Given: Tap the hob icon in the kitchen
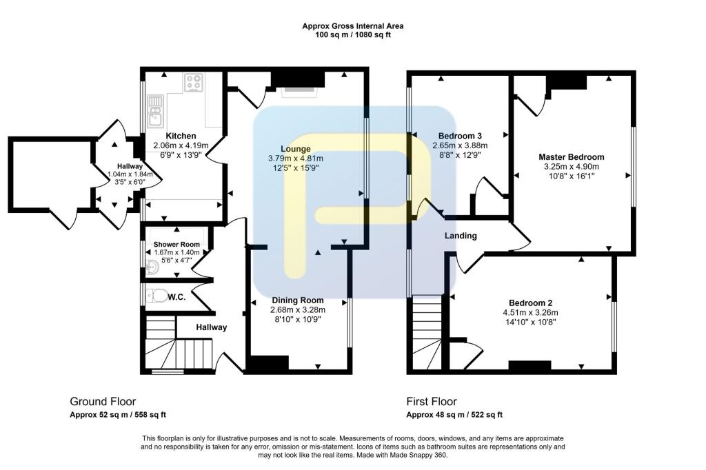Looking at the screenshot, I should pyautogui.click(x=194, y=83).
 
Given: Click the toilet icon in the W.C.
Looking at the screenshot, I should pyautogui.click(x=159, y=296).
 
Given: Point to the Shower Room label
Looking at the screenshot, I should pyautogui.click(x=176, y=245).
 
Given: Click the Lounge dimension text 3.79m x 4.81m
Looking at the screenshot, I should pyautogui.click(x=295, y=159).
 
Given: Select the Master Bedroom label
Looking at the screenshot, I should pyautogui.click(x=571, y=157).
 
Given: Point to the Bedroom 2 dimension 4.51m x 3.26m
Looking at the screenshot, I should pyautogui.click(x=530, y=312).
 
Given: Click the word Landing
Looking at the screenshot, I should pyautogui.click(x=461, y=236).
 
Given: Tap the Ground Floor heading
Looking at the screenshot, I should pyautogui.click(x=103, y=401).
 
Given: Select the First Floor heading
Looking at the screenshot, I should pyautogui.click(x=432, y=401).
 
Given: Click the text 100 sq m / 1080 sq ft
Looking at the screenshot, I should pyautogui.click(x=353, y=34).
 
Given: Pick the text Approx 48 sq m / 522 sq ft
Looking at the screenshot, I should pyautogui.click(x=454, y=415).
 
